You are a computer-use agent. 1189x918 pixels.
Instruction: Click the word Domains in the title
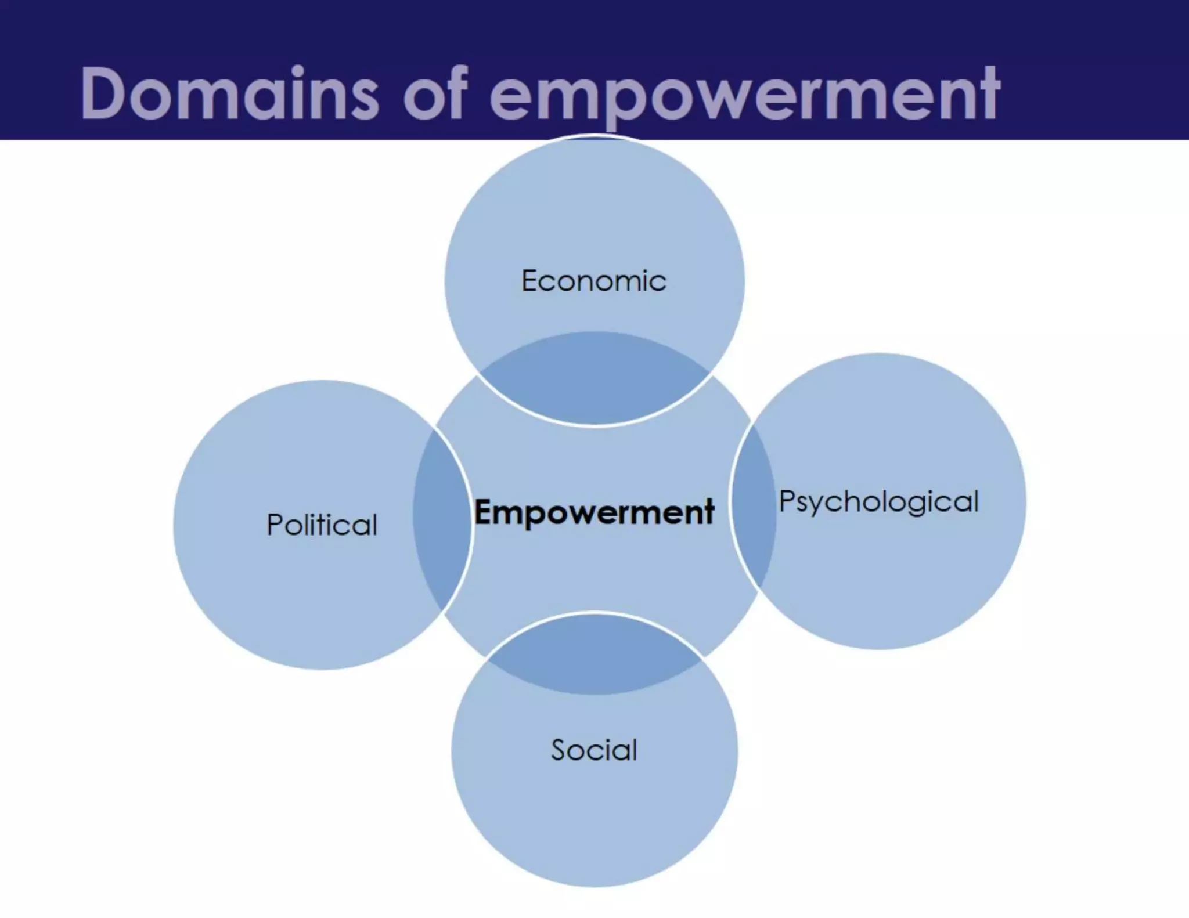coord(229,94)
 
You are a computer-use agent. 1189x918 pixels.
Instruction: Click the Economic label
coord(594,281)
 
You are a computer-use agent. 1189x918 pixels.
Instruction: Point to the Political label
coord(322,525)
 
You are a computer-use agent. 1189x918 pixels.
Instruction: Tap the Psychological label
coord(878,501)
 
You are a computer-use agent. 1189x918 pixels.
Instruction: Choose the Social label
coord(594,750)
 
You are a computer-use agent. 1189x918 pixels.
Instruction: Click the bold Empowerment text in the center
coord(594,512)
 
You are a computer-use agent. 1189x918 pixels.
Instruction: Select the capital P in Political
coord(275,525)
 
